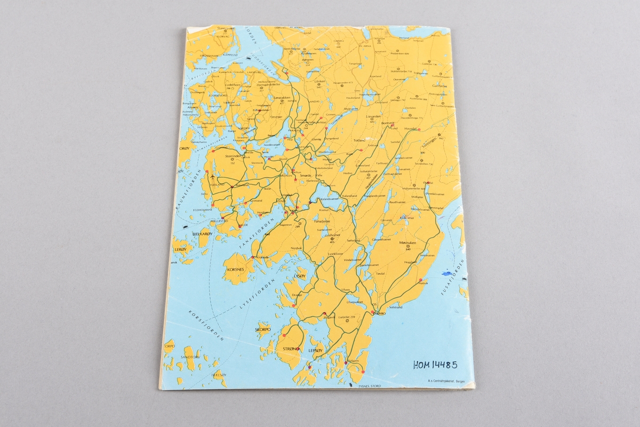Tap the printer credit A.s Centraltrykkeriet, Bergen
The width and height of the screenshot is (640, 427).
(x=446, y=381)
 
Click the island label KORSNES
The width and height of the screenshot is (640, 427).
(x=235, y=270)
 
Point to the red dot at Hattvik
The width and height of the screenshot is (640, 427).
(x=421, y=280)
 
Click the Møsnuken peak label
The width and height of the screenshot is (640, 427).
(x=407, y=243)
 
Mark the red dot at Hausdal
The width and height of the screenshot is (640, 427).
(x=420, y=129)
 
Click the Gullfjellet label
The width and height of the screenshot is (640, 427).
(x=439, y=85)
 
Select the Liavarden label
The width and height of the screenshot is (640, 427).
(x=372, y=115)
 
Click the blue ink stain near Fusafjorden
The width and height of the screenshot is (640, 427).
(x=446, y=274)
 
